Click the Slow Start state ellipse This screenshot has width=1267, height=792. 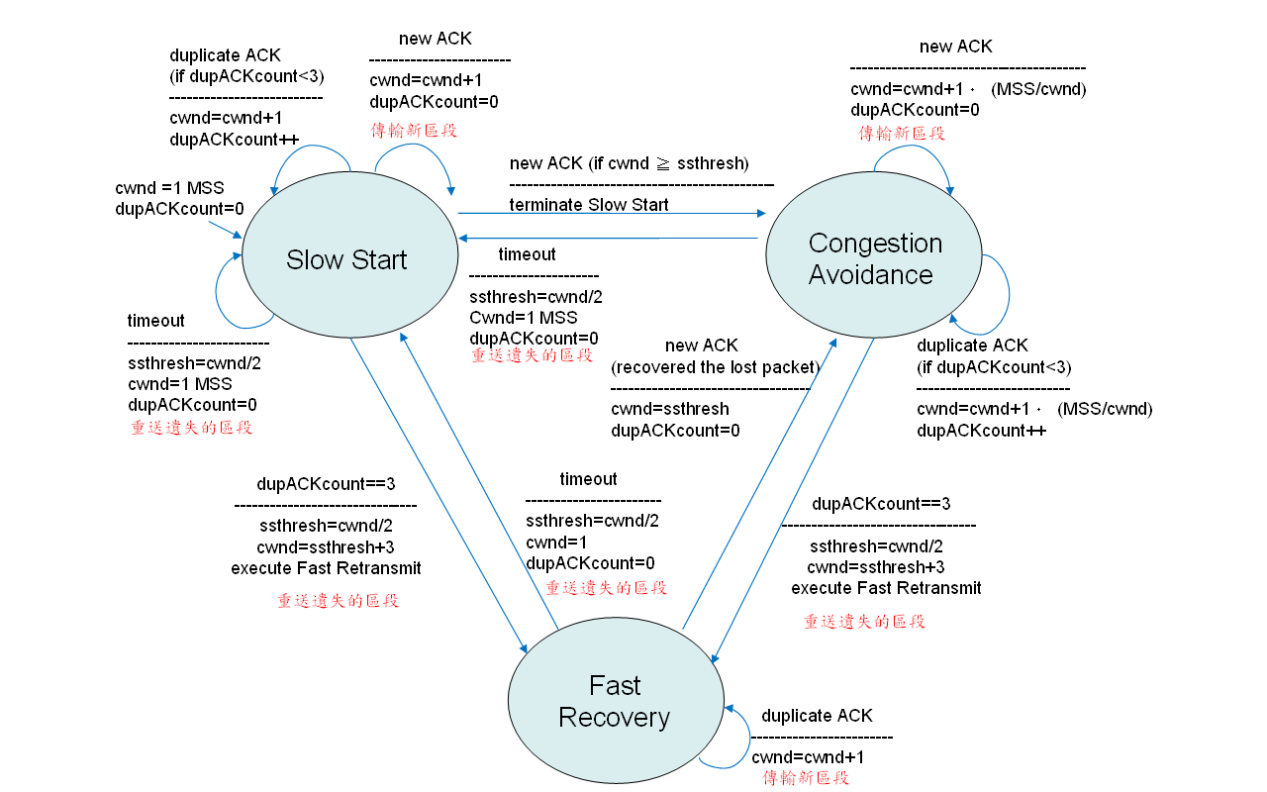pyautogui.click(x=346, y=259)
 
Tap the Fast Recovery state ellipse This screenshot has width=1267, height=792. pyautogui.click(x=614, y=701)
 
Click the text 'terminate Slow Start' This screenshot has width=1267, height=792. pyautogui.click(x=589, y=205)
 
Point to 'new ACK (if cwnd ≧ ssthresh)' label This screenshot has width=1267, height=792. pyautogui.click(x=629, y=163)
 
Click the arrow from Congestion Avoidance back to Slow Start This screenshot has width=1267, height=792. pyautogui.click(x=608, y=238)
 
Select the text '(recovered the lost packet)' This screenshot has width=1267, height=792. pyautogui.click(x=716, y=367)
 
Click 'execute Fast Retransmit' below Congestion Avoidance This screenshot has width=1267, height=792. pyautogui.click(x=886, y=588)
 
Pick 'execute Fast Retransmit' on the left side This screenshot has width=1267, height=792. pyautogui.click(x=326, y=568)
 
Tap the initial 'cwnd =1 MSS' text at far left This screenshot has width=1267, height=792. pyautogui.click(x=169, y=188)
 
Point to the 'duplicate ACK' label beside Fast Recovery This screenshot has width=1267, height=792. pyautogui.click(x=817, y=716)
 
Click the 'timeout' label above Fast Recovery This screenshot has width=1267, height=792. pyautogui.click(x=588, y=479)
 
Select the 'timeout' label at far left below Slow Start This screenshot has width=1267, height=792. pyautogui.click(x=155, y=321)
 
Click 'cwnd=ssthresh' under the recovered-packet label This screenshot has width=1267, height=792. pyautogui.click(x=669, y=409)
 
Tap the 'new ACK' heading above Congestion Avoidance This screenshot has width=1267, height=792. pyautogui.click(x=955, y=47)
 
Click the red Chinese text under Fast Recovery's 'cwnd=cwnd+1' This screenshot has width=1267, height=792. pyautogui.click(x=806, y=778)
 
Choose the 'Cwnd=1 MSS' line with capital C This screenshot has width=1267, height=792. pyautogui.click(x=523, y=317)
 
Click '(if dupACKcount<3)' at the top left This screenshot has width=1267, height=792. pyautogui.click(x=246, y=76)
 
